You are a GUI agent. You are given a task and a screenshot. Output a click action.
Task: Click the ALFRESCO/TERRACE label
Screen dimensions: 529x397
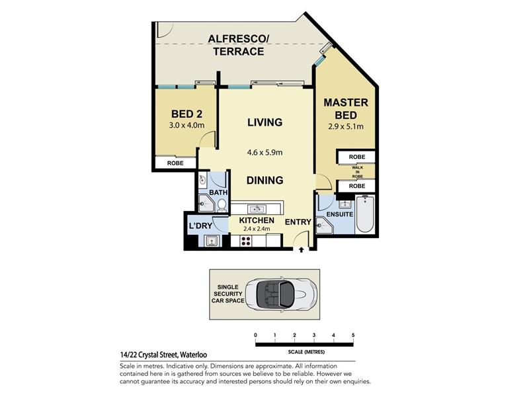click(238, 45)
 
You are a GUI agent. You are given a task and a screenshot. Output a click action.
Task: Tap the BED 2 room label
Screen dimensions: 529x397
click(186, 114)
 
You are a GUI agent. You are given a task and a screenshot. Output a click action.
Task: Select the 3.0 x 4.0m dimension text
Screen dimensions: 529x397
click(186, 125)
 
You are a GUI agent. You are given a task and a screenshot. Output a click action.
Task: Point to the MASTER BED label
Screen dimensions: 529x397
click(346, 109)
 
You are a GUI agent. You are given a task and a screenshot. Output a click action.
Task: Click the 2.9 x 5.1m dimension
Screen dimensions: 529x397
click(346, 126)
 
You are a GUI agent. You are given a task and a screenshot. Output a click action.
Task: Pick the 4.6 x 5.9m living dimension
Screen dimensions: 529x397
click(265, 152)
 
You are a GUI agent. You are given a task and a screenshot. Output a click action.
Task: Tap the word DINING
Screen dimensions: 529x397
click(265, 180)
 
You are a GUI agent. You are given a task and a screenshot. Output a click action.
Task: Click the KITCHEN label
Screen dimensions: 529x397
click(257, 220)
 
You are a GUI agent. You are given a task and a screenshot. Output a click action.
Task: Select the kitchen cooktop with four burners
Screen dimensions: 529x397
click(246, 241)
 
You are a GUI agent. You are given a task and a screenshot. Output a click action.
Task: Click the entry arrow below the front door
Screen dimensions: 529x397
click(302, 250)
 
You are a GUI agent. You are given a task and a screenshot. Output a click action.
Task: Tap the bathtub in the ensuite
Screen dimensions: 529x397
click(365, 214)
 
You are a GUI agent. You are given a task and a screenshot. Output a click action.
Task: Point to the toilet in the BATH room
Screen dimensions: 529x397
click(222, 205)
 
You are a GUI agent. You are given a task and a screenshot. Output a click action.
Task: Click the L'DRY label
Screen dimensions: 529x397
click(200, 226)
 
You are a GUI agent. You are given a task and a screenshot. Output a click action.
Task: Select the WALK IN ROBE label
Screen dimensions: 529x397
click(357, 172)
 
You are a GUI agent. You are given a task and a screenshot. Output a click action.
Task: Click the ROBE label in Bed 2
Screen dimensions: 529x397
click(175, 163)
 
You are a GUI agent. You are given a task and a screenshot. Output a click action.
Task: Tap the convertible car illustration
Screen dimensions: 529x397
click(281, 294)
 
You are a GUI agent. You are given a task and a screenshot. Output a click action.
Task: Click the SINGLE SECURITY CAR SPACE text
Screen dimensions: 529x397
click(228, 294)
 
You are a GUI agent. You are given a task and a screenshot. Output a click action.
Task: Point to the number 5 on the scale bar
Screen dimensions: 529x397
click(353, 335)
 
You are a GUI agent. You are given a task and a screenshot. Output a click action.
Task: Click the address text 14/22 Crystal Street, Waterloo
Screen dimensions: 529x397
click(163, 355)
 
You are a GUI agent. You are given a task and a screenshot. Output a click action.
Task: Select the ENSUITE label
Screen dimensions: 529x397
click(340, 214)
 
